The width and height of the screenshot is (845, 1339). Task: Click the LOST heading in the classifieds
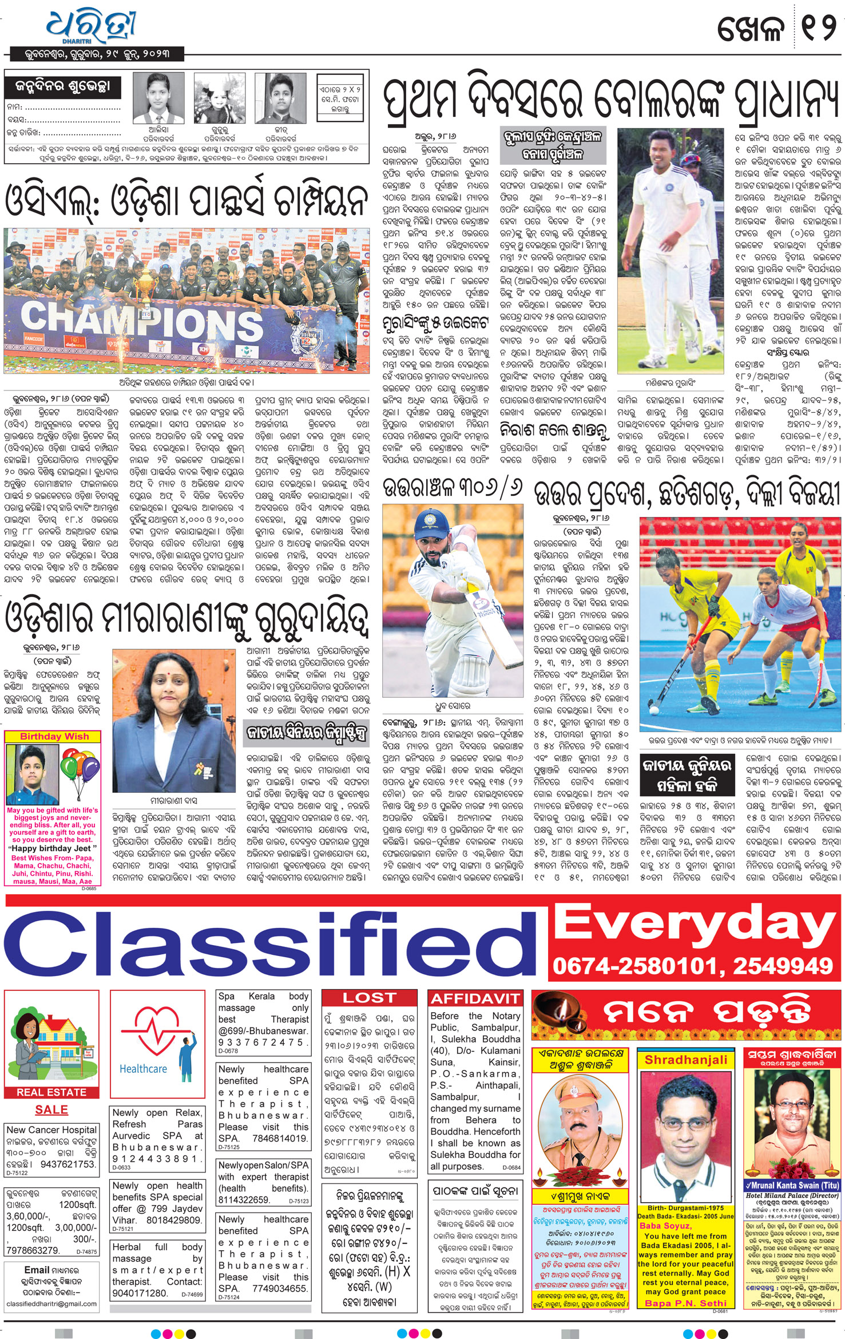pyautogui.click(x=369, y=998)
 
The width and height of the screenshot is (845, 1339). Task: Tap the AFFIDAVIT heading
pyautogui.click(x=475, y=999)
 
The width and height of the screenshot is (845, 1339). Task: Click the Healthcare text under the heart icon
pyautogui.click(x=143, y=1069)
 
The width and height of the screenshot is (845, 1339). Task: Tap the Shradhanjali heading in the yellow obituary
pyautogui.click(x=686, y=1060)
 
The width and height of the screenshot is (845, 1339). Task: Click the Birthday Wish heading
pyautogui.click(x=54, y=736)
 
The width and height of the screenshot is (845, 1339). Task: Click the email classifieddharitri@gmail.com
pyautogui.click(x=51, y=1304)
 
